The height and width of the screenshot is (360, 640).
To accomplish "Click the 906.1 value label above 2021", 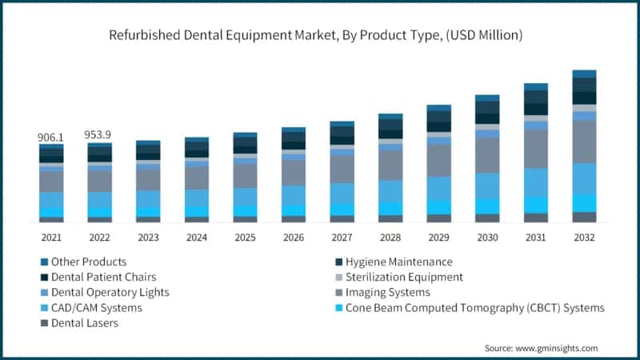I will click(x=51, y=138).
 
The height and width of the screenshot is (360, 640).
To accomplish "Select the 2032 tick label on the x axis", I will click(x=584, y=237).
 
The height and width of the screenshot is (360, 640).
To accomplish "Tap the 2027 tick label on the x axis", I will click(x=342, y=237).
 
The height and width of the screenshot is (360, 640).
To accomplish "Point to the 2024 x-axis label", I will click(x=197, y=237).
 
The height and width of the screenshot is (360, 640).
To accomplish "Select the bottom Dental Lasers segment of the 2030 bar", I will click(x=487, y=218).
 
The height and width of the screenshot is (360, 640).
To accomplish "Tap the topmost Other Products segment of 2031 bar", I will click(x=536, y=86).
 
